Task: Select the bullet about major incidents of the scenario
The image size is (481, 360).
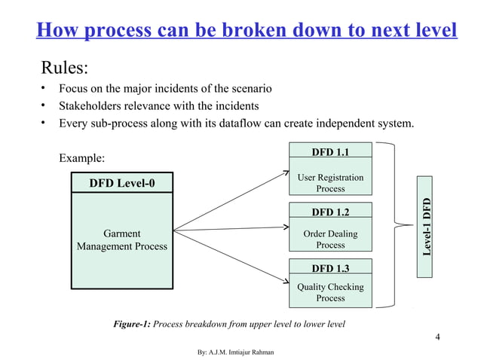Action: (166, 90)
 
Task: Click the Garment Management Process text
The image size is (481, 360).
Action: (122, 239)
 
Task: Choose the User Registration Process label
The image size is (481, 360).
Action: (330, 183)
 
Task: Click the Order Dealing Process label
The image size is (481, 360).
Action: (330, 239)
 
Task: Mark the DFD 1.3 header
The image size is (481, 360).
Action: (330, 267)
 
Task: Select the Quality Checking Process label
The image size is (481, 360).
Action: (330, 292)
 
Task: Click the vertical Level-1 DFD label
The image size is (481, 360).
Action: (427, 226)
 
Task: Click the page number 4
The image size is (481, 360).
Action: (438, 336)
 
